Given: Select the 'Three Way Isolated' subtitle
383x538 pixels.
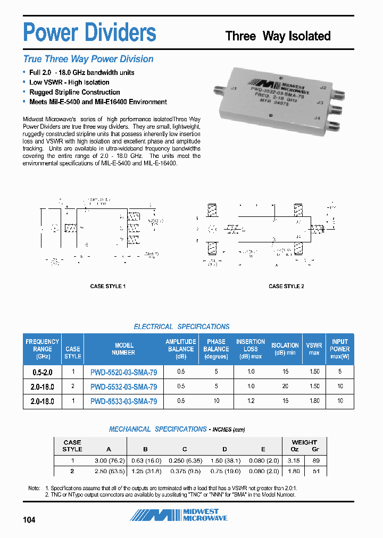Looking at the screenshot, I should (278, 36).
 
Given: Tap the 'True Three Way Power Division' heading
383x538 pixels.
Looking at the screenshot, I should (88, 59).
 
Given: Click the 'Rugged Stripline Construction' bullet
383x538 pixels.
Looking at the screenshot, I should (74, 92).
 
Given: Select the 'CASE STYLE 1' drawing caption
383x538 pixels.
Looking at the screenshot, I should (108, 286).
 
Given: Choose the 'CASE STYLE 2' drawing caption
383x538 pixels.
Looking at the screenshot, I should (286, 286).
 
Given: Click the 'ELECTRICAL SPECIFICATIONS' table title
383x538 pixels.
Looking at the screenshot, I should (181, 326).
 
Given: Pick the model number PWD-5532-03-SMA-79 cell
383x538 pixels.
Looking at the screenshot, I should (123, 386).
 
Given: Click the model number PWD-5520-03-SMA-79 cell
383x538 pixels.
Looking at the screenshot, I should (123, 372).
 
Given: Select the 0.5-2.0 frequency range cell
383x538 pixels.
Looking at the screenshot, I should (42, 372).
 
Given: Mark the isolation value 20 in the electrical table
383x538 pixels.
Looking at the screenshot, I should (285, 386).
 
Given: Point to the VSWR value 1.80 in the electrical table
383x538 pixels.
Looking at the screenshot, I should (314, 401).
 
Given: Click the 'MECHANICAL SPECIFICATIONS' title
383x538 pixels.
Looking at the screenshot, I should (157, 429).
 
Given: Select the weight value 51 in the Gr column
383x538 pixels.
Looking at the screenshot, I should (315, 471).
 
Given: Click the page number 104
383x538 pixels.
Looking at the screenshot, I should (29, 519).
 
